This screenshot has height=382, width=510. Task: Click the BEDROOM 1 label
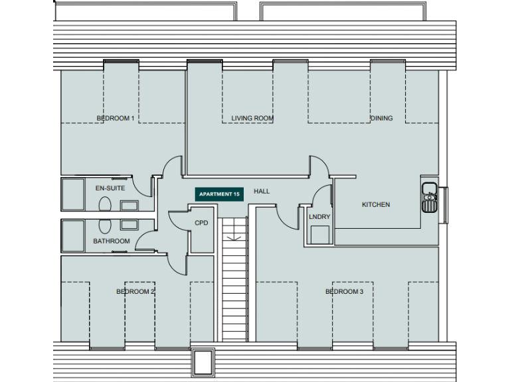click(x=116, y=119)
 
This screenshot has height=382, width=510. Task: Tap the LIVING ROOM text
click(x=252, y=119)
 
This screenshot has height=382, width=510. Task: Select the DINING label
click(x=381, y=119)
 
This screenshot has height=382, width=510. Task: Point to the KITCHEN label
click(x=375, y=205)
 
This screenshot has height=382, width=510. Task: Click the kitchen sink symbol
click(x=430, y=197)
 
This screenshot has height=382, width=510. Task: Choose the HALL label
click(x=262, y=192)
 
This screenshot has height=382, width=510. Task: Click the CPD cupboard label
click(x=201, y=223)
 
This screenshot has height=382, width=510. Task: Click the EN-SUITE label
click(x=110, y=188)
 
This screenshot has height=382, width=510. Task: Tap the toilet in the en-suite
click(x=104, y=206)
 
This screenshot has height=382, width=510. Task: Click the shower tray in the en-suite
click(x=72, y=193)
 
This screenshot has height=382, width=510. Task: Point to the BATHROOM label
click(x=111, y=241)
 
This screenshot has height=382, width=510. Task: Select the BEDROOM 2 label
click(x=135, y=292)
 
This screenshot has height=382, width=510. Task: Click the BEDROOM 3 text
click(x=344, y=292)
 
